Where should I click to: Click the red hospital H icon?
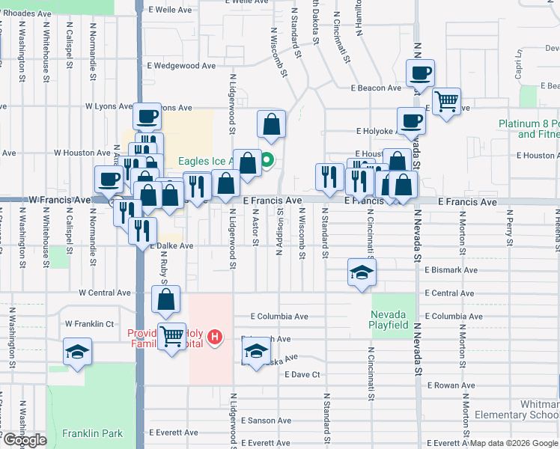(x=216, y=337)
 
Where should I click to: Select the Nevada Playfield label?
(x=389, y=320)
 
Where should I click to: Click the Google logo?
(x=24, y=440)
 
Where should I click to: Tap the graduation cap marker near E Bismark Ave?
(x=362, y=272)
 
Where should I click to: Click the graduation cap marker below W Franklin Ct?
(x=76, y=352)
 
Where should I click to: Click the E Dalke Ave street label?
(x=172, y=245)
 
